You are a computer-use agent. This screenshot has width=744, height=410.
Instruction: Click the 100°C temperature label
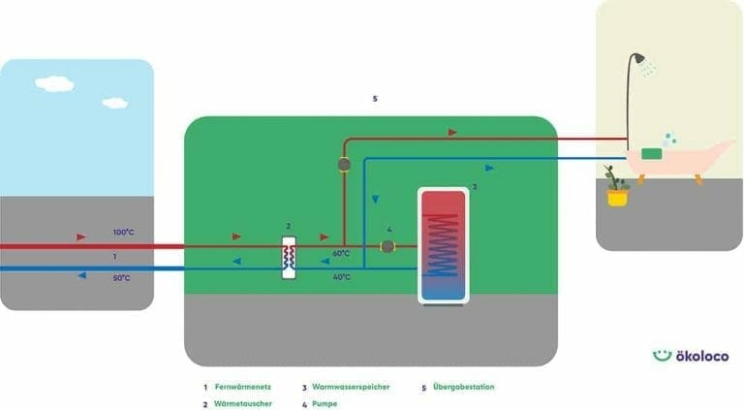click(123, 233)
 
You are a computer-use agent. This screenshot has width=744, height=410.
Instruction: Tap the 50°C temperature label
click(121, 278)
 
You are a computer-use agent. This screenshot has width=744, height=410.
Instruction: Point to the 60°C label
click(341, 253)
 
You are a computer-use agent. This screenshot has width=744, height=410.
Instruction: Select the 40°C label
click(341, 277)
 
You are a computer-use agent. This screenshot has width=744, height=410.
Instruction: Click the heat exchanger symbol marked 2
click(289, 257)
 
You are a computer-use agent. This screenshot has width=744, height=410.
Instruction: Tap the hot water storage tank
click(443, 245)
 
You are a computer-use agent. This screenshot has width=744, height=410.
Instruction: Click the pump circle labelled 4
click(387, 246)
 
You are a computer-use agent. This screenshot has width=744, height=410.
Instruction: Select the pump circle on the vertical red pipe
click(344, 164)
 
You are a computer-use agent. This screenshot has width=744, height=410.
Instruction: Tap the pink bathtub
click(679, 160)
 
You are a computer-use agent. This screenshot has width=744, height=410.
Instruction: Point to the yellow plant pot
click(617, 197)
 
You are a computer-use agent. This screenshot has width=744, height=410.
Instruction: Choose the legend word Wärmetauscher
click(243, 403)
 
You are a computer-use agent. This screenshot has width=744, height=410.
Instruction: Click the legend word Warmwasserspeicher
click(351, 387)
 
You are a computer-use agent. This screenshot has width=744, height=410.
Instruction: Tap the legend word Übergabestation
click(463, 387)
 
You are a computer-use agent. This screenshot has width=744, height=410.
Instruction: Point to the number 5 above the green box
click(375, 99)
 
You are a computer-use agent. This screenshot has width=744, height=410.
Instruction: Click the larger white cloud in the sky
click(54, 83)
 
